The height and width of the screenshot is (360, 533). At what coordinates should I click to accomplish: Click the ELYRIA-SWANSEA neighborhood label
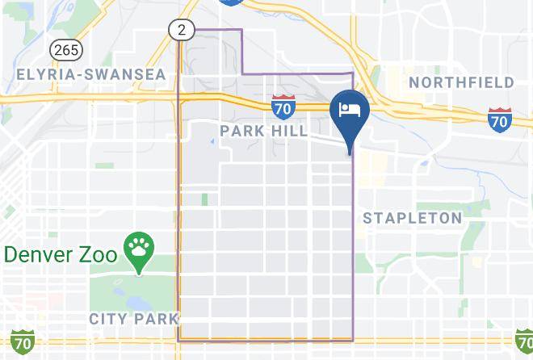coord(90,74)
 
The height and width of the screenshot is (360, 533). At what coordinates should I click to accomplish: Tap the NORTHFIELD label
coord(461,82)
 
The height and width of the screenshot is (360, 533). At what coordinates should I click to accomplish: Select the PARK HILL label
coord(263,130)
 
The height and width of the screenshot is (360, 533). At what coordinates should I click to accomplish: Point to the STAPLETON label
coord(412,218)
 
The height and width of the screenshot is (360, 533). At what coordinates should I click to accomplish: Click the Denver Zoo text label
coord(61,254)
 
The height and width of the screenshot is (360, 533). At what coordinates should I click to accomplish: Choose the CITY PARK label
coord(133,319)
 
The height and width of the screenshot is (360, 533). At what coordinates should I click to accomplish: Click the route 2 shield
coord(182,30)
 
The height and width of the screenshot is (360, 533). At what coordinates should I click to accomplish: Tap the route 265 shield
coord(65,49)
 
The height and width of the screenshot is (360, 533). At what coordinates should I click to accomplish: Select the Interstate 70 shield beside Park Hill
coord(283,105)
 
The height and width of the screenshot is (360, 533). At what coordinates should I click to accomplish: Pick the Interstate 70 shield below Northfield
coord(499,119)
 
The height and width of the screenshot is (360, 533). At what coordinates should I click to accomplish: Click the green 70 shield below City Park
coord(21,341)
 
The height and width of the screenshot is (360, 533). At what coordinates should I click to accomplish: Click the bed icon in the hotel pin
coord(350,109)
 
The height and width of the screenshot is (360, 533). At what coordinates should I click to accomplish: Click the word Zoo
coord(99,254)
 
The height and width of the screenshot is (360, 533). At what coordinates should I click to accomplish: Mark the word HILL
coord(290,130)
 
